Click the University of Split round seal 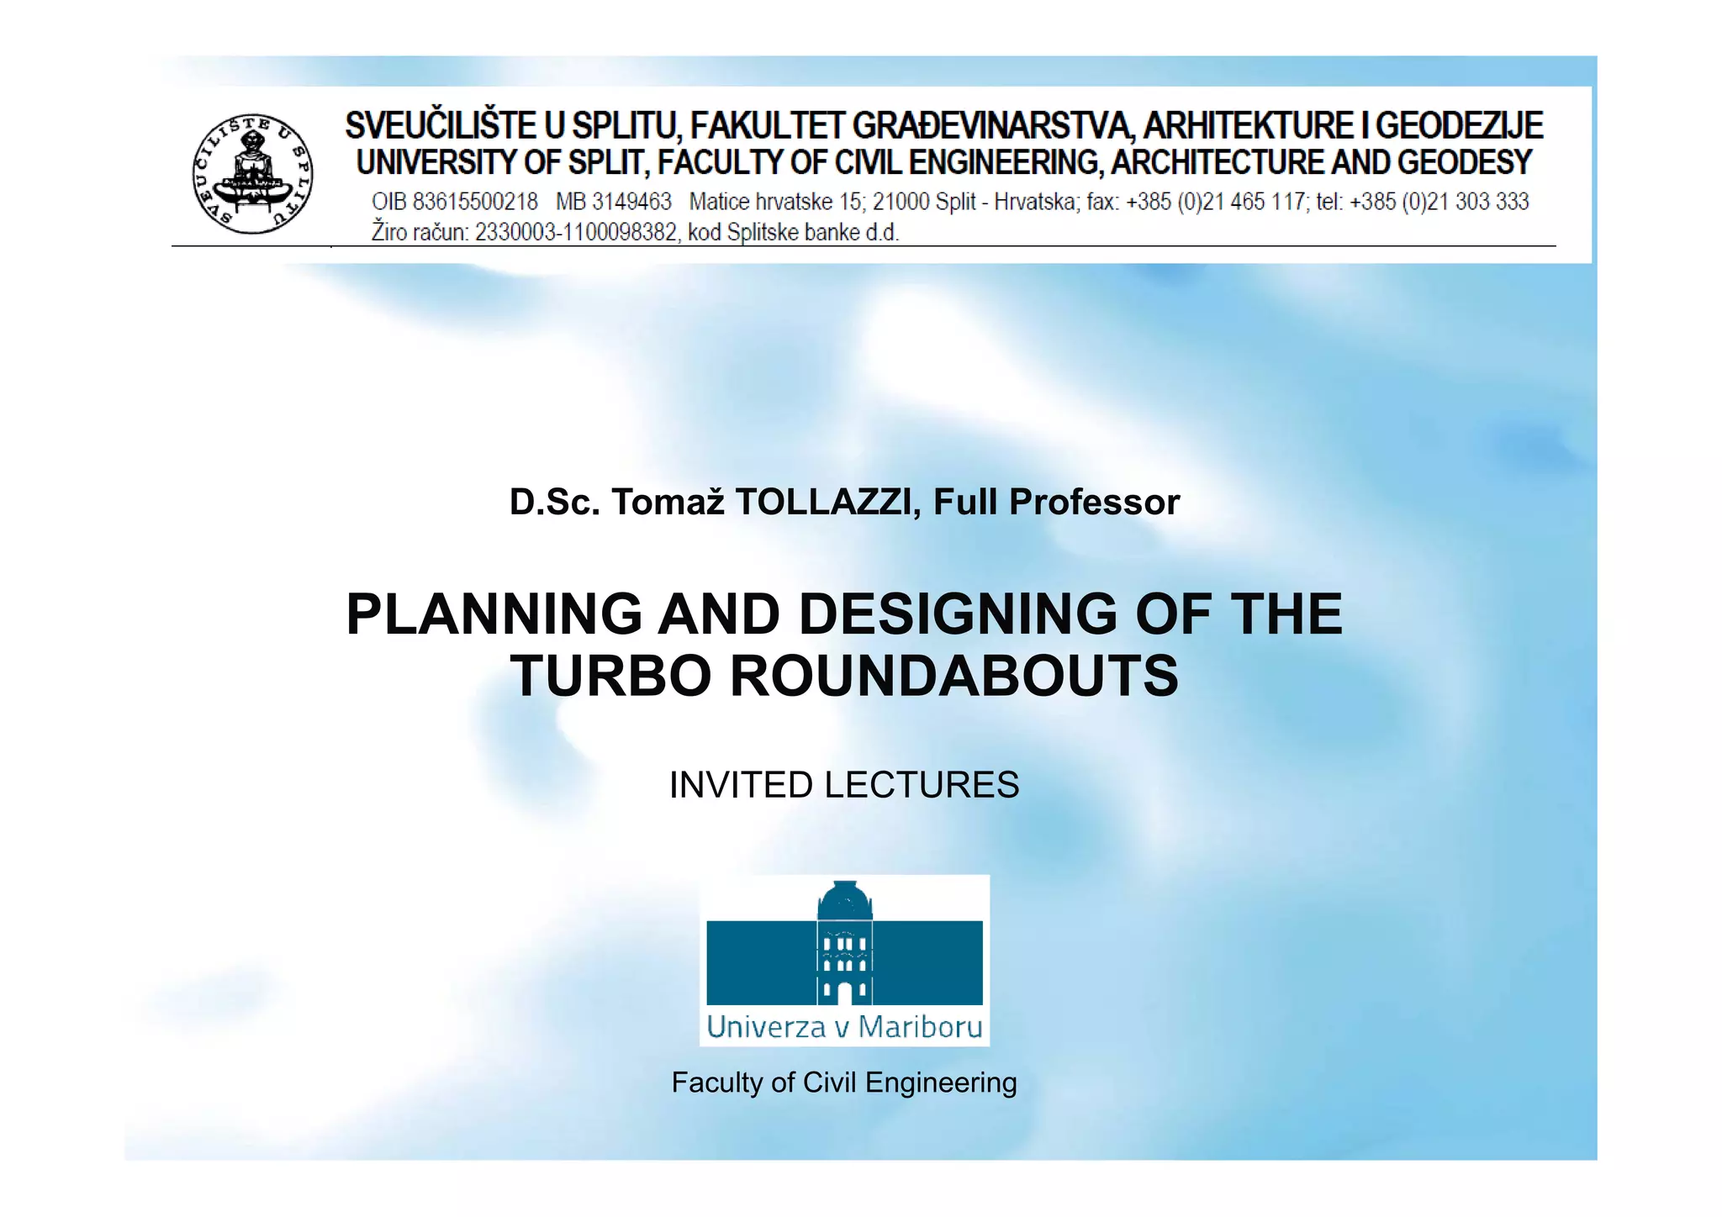(252, 174)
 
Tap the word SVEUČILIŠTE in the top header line (441, 126)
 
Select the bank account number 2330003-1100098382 (576, 232)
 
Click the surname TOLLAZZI (822, 502)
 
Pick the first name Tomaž (668, 502)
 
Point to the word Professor (1094, 502)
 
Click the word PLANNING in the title (494, 614)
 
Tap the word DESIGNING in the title (957, 614)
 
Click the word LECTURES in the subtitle (922, 785)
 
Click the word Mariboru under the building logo (920, 1027)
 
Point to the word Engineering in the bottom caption (941, 1083)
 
